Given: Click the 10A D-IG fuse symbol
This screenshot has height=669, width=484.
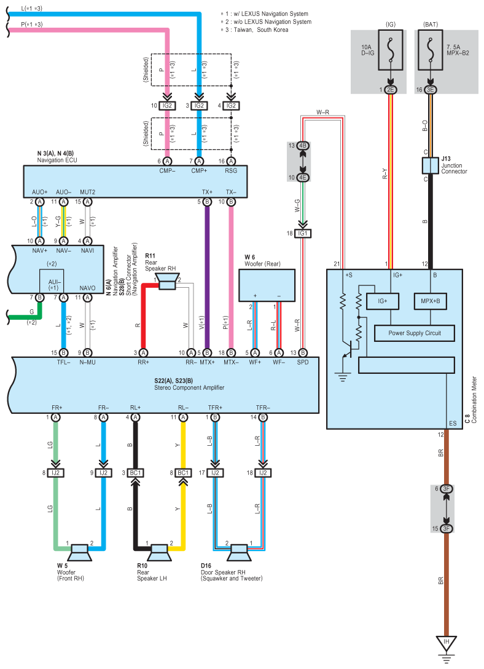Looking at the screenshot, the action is [x=390, y=50].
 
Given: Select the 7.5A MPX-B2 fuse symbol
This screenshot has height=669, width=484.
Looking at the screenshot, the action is [x=431, y=50].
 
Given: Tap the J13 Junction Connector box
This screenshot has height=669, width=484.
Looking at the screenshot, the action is [x=431, y=165].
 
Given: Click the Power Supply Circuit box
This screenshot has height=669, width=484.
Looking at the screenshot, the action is [x=414, y=333].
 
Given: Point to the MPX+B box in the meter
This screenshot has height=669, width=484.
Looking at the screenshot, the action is [x=431, y=301].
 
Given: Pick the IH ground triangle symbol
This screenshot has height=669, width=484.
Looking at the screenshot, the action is [x=446, y=643].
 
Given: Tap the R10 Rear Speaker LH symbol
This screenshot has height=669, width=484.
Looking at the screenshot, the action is [x=159, y=553].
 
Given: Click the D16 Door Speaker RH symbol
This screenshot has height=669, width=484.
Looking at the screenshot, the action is [x=239, y=553].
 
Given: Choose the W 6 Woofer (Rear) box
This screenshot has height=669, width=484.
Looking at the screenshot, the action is [x=267, y=285].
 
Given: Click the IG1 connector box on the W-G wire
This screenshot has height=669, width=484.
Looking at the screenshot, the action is [x=302, y=234].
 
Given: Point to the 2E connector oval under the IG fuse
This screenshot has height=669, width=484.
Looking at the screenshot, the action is [x=390, y=90].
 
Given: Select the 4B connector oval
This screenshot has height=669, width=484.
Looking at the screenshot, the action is [x=302, y=146].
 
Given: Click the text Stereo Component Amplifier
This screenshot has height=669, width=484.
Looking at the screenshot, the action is [x=189, y=387].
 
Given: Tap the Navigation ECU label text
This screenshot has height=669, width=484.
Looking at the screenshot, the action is [x=57, y=160].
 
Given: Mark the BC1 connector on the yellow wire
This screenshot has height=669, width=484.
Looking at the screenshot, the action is [x=183, y=473].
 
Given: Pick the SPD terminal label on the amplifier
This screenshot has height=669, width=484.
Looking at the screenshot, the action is [x=302, y=362].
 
